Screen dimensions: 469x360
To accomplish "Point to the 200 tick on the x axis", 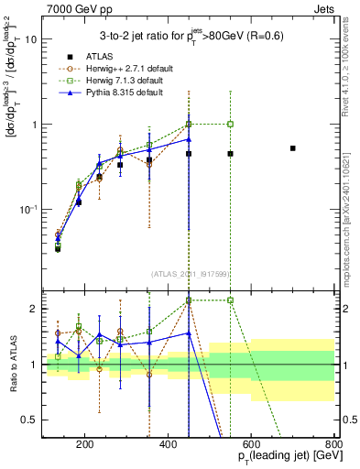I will coord(85,445).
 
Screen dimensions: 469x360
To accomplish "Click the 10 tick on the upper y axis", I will coord(31,40).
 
